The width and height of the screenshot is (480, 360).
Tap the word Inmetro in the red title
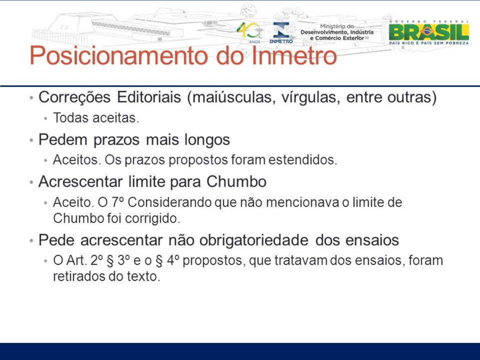tap(294, 55)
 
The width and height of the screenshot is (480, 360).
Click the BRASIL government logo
tap(429, 32)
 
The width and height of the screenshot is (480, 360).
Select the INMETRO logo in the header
tap(281, 33)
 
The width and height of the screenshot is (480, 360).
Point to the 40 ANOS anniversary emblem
tap(249, 33)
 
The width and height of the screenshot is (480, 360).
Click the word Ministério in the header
tap(337, 26)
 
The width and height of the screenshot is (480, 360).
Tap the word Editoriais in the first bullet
tap(149, 97)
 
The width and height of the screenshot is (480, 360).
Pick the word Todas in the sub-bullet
tap(71, 118)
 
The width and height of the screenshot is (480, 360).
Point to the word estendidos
tap(303, 160)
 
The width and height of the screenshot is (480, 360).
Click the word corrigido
tap(152, 218)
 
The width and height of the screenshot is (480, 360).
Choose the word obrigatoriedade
tap(254, 241)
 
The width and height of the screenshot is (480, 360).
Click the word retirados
tap(79, 276)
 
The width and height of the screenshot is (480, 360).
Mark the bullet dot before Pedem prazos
tap(32, 140)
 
